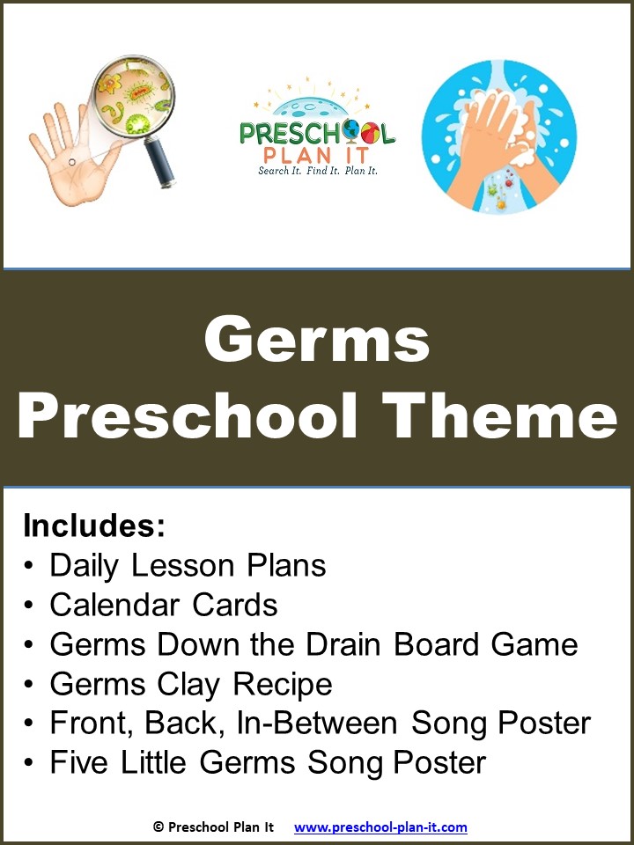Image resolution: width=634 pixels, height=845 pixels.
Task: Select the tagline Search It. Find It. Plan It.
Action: click(318, 171)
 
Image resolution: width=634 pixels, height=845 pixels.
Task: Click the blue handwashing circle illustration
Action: click(499, 137)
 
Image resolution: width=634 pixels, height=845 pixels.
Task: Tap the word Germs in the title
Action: click(317, 341)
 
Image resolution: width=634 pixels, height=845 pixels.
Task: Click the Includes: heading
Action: click(95, 525)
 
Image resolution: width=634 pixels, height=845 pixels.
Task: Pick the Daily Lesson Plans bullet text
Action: click(188, 565)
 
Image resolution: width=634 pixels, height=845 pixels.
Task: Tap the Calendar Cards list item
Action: click(164, 605)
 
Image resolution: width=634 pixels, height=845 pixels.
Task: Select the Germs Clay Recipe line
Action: click(191, 684)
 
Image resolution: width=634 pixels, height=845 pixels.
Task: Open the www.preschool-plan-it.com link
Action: click(380, 827)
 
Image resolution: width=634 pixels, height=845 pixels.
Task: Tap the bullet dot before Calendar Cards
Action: click(30, 606)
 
